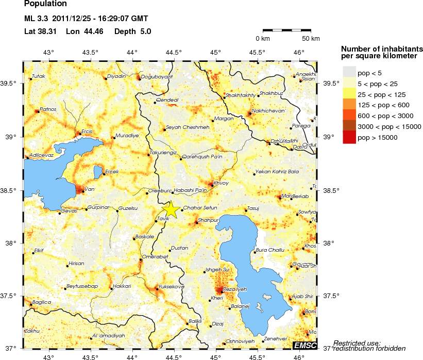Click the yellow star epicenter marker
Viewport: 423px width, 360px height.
[x=172, y=210]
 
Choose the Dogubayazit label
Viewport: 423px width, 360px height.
[x=157, y=76]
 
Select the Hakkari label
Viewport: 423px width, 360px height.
[x=122, y=286]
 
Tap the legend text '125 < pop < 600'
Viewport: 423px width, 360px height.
[x=382, y=105]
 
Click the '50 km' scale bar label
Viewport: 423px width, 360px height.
[x=311, y=39]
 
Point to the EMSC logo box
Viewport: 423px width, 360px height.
[x=304, y=345]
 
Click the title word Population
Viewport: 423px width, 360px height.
[x=45, y=4]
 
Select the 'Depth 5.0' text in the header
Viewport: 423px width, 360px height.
[x=132, y=31]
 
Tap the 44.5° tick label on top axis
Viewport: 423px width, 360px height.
[x=174, y=52]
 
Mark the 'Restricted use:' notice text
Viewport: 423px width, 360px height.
[x=357, y=342]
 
